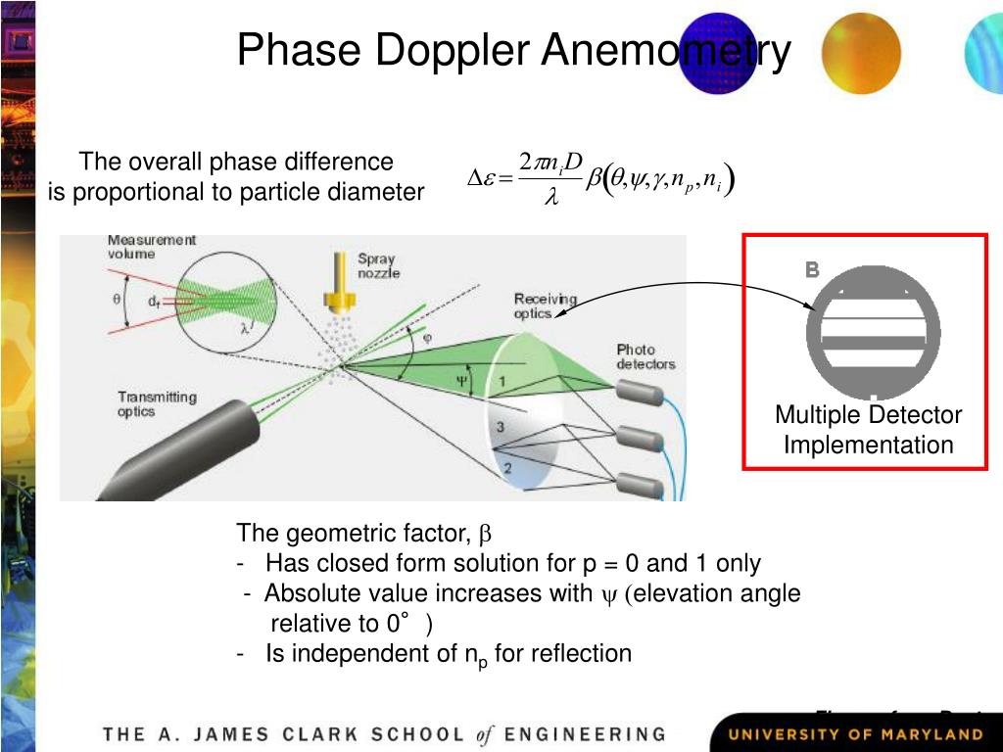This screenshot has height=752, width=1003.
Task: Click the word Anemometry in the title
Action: (x=666, y=51)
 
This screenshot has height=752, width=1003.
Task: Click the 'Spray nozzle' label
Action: (x=378, y=266)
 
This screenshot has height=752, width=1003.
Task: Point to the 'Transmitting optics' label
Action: (x=157, y=404)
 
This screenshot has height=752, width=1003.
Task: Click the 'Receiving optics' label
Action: (x=546, y=305)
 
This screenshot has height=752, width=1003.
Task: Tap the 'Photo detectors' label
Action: (x=645, y=356)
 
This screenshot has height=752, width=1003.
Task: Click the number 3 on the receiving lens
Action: (x=500, y=427)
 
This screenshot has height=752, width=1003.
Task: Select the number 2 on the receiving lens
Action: (x=507, y=468)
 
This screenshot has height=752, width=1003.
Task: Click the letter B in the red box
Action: (x=812, y=270)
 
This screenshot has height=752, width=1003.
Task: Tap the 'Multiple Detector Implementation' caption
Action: (x=868, y=430)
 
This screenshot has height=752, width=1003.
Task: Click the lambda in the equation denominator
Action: (x=550, y=198)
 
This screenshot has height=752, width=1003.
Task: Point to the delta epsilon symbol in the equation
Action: (x=483, y=178)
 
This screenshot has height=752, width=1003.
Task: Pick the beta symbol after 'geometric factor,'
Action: (x=484, y=535)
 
